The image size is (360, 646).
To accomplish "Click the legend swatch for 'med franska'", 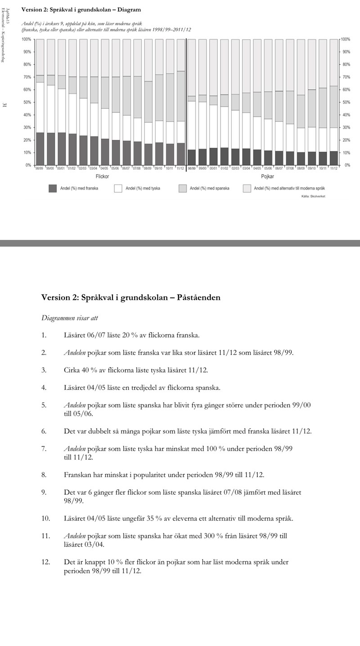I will point(53,188).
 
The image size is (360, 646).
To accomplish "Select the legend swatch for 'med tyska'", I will point(118,188).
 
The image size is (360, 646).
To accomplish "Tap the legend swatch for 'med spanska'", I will point(183,188).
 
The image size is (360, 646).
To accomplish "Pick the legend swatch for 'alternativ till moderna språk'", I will point(247,188).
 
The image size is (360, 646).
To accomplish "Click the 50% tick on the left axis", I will point(26,102).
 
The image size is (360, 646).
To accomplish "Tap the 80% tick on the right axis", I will point(346,64).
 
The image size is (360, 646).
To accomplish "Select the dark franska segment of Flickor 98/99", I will point(40,149).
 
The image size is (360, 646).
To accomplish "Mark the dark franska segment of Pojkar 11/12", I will point(333,158).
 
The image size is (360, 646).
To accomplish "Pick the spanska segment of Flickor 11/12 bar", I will point(180,96).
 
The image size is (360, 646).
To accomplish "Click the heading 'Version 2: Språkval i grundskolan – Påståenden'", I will point(130,298).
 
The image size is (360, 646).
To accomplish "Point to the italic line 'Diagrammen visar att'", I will point(69,318).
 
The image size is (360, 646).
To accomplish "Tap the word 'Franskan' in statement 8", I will point(78,475).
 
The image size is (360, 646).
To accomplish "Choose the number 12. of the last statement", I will point(45,562).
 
